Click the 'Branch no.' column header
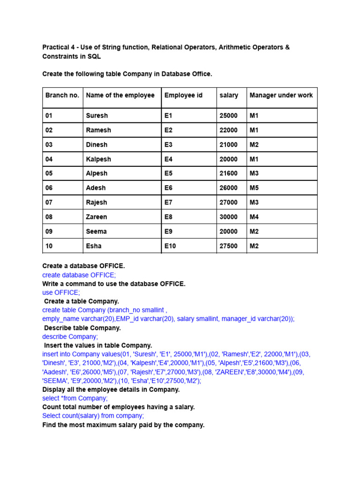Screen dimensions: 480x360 62,95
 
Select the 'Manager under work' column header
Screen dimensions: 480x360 281,95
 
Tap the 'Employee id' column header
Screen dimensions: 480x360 183,95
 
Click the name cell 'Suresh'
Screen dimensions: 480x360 97,115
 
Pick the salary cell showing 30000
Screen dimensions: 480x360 229,217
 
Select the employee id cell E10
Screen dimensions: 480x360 170,246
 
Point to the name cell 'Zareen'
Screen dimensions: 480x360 97,217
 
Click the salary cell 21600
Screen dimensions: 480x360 229,173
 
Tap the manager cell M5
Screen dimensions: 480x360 254,188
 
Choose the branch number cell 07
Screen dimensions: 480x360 49,202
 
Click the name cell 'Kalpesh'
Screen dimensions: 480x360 98,159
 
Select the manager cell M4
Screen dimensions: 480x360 254,217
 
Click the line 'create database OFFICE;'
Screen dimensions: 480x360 79,275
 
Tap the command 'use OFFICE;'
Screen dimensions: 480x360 61,292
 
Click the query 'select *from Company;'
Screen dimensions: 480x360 75,398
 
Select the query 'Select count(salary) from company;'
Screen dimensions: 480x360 93,416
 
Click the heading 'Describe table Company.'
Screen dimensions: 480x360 82,328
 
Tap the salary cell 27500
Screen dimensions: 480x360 229,246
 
